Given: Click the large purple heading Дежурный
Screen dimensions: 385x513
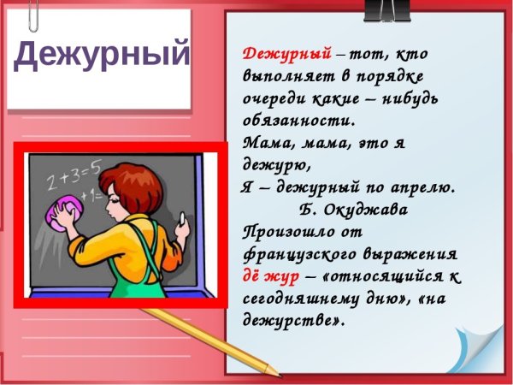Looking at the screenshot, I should point(102,56).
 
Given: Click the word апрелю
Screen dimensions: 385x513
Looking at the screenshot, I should point(422,187).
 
